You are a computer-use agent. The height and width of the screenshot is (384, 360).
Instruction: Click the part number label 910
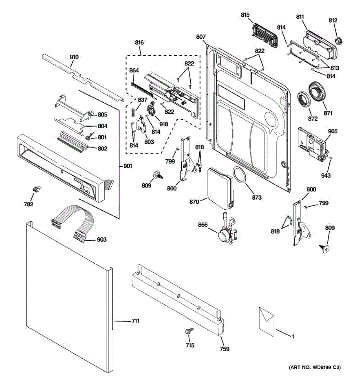[74, 57]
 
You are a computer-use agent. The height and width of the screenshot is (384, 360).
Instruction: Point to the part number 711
[135, 321]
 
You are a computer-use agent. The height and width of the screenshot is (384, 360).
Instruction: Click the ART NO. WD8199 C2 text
[315, 368]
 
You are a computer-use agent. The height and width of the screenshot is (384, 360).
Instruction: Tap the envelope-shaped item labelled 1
[267, 321]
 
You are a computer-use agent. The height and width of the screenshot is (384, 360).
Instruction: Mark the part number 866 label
[203, 225]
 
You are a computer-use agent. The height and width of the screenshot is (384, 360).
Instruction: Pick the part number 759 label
[224, 349]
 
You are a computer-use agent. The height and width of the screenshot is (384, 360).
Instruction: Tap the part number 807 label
[201, 37]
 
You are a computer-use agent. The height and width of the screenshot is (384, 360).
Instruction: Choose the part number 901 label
[127, 166]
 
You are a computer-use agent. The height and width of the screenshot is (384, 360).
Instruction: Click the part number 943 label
[326, 175]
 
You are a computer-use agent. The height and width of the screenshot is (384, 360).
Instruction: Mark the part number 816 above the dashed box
[139, 43]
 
